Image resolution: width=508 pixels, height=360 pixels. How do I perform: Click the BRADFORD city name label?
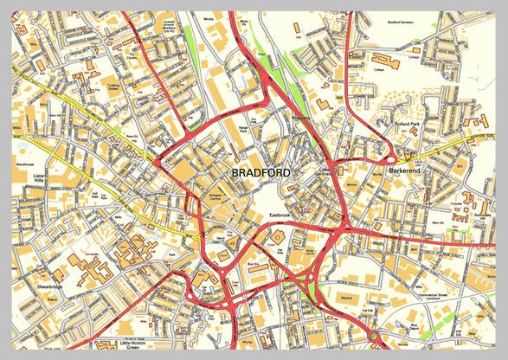tap(262, 173)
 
